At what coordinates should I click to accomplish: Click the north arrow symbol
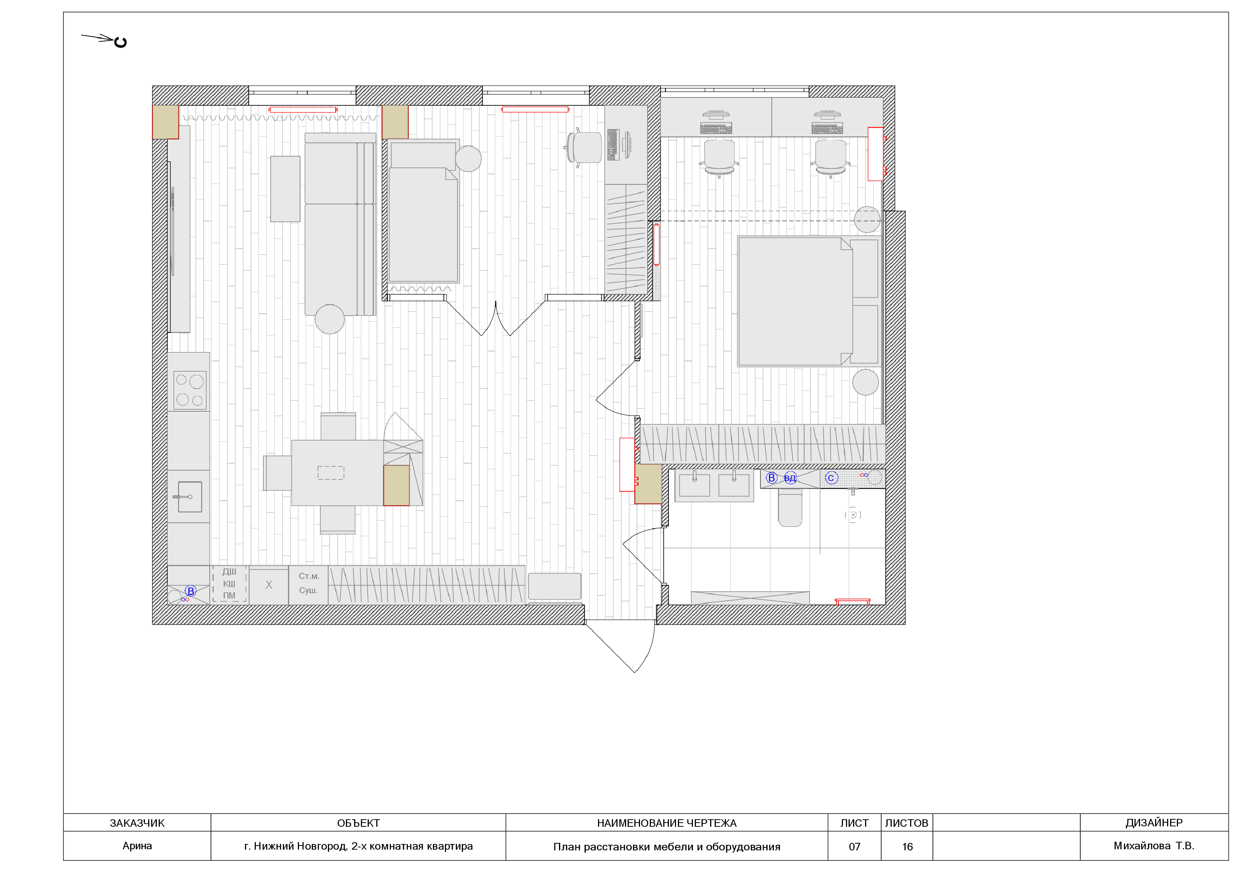click(x=104, y=39)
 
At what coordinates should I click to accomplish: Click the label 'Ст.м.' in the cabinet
click(x=309, y=576)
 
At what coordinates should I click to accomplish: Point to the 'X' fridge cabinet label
click(x=269, y=585)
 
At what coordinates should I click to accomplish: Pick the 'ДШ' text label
click(x=229, y=571)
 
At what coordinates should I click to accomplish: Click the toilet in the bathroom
click(x=790, y=507)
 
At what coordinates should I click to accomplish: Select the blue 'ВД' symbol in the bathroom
click(x=790, y=478)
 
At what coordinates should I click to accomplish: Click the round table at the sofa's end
click(x=330, y=319)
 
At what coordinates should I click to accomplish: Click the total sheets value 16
click(x=907, y=847)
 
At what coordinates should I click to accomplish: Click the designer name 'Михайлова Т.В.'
click(x=1154, y=846)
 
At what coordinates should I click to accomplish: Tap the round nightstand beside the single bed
click(x=468, y=158)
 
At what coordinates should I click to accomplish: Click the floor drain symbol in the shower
click(x=853, y=515)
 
